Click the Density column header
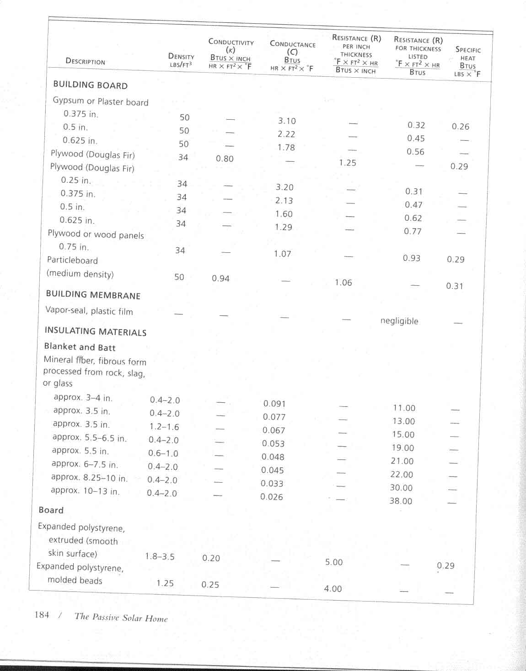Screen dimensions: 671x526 [x=181, y=60]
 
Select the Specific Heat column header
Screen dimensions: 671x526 [x=467, y=61]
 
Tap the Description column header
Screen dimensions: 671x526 [x=85, y=61]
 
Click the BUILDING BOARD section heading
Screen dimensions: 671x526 [x=90, y=85]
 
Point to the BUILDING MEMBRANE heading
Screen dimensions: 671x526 [x=93, y=295]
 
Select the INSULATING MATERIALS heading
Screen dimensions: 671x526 [x=95, y=331]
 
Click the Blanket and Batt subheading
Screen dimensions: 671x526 [x=80, y=347]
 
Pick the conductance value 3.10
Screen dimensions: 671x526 [x=287, y=121]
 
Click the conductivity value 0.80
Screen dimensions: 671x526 [x=225, y=159]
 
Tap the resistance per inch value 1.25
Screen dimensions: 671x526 [x=348, y=163]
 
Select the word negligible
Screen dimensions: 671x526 [x=399, y=321]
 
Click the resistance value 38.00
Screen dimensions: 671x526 [x=401, y=501]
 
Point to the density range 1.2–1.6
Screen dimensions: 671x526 [x=164, y=427]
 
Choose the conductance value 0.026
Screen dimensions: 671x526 [x=272, y=497]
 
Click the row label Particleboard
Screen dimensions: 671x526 [x=72, y=261]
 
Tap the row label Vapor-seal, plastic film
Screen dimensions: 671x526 [x=89, y=311]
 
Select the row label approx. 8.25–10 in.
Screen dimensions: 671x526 [x=89, y=478]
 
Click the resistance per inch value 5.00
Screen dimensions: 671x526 [x=334, y=562]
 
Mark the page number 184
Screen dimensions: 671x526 [x=42, y=615]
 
